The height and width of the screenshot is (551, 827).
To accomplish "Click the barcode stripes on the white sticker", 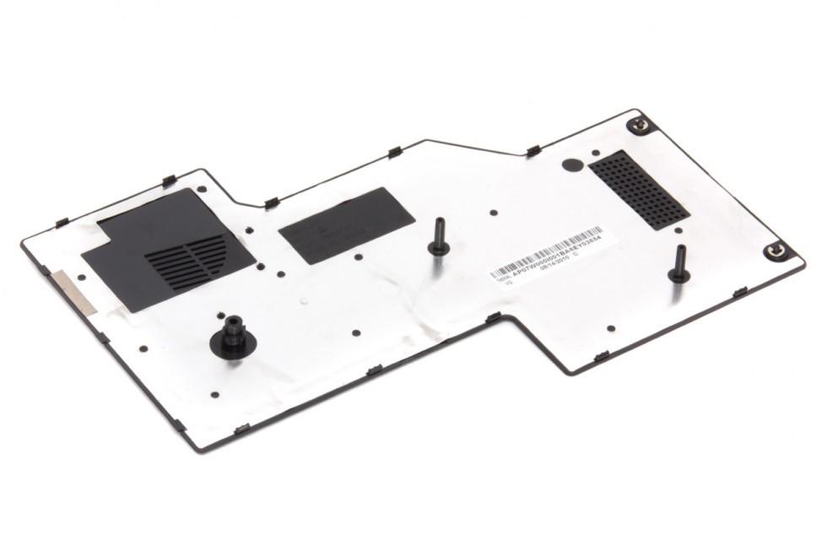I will coord(546,251).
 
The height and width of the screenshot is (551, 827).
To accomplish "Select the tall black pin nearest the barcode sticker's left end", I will coord(438,237).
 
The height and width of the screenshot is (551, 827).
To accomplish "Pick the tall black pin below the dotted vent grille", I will coord(678,264).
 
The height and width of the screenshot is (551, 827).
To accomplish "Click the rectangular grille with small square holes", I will coord(639,189).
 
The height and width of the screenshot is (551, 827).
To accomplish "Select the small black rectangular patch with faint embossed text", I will coord(346,224).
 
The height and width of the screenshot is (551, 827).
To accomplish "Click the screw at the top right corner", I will coord(641,125).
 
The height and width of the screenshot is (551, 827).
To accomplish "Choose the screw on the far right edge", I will coord(775,251).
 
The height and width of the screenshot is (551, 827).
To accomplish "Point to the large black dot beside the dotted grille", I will coord(571,165).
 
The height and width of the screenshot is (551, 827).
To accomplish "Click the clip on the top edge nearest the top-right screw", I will coord(533,151).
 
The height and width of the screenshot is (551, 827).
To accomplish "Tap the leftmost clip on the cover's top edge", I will coord(62,222).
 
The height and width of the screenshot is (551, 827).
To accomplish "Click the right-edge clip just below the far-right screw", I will coord(740,292).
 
